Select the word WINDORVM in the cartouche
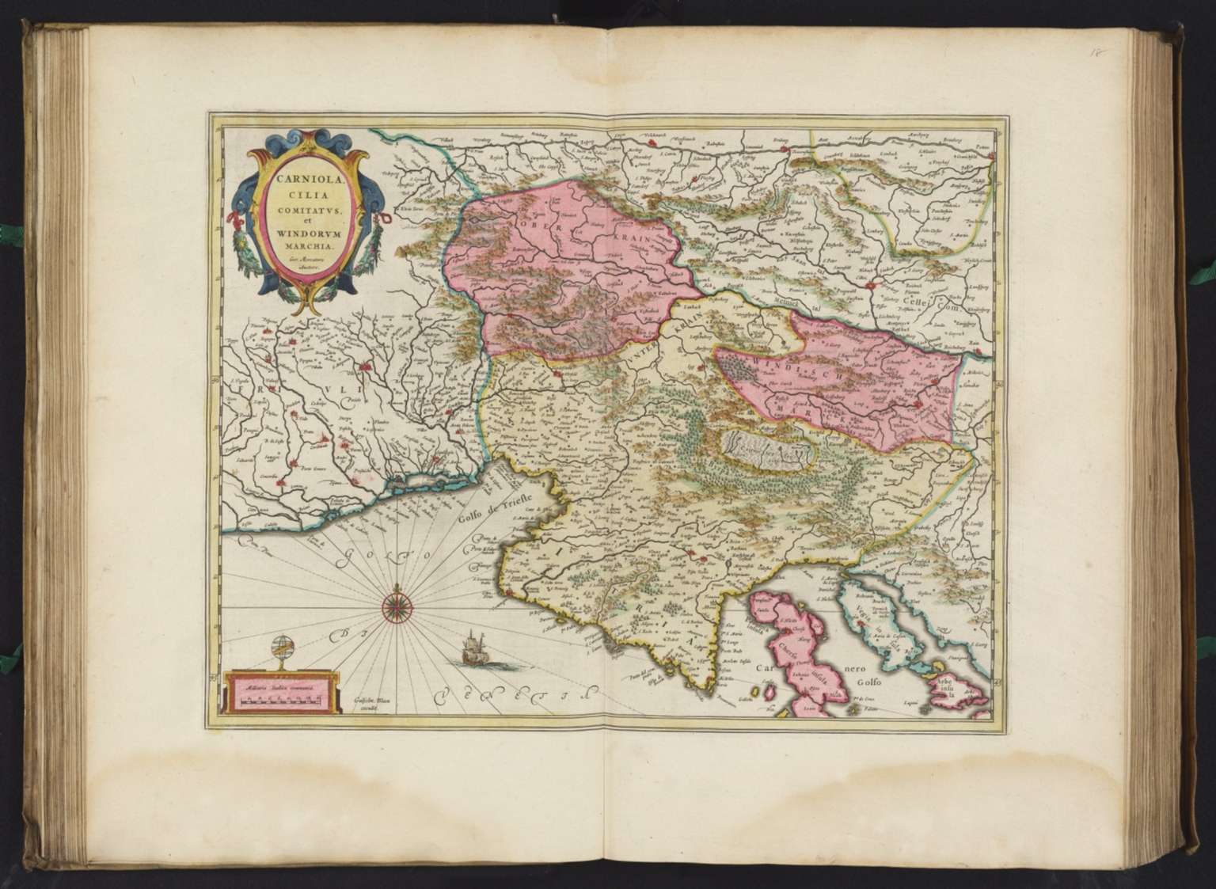pyautogui.click(x=306, y=233)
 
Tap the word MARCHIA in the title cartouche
pyautogui.click(x=306, y=245)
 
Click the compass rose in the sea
pyautogui.click(x=397, y=606)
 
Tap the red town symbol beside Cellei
pyautogui.click(x=871, y=287)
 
